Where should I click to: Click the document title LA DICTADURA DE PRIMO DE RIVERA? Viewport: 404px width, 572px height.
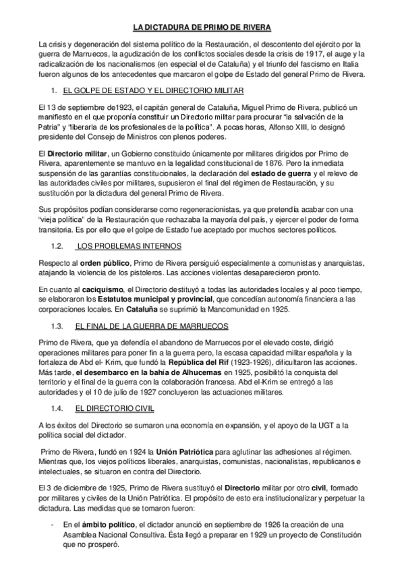(202, 28)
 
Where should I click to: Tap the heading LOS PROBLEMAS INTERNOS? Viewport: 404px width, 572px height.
(123, 246)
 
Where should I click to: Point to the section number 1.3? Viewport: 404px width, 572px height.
(57, 326)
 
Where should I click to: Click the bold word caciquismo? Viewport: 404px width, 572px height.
(104, 289)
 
